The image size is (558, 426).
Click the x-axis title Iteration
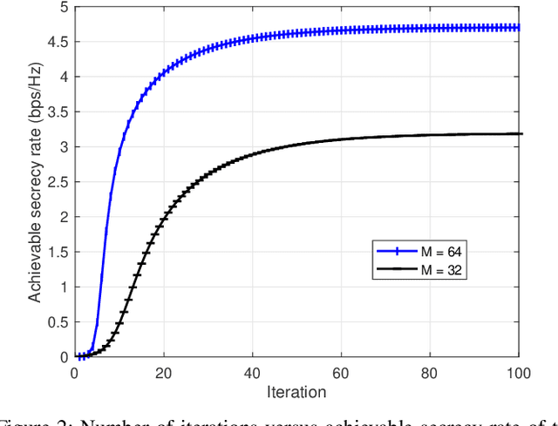[x=297, y=392]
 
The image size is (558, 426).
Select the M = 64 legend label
[x=444, y=251]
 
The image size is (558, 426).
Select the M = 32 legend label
[x=444, y=271]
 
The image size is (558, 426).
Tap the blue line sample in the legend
[x=397, y=251]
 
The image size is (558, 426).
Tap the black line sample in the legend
[x=397, y=271]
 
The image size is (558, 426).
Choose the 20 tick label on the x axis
[x=163, y=373]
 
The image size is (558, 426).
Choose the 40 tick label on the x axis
[x=253, y=373]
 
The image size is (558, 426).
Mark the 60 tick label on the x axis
[x=343, y=373]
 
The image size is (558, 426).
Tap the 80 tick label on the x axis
[x=432, y=373]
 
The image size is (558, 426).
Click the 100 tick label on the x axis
[x=520, y=373]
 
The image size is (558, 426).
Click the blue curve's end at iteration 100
[x=521, y=27]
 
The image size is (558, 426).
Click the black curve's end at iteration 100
[x=521, y=134]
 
